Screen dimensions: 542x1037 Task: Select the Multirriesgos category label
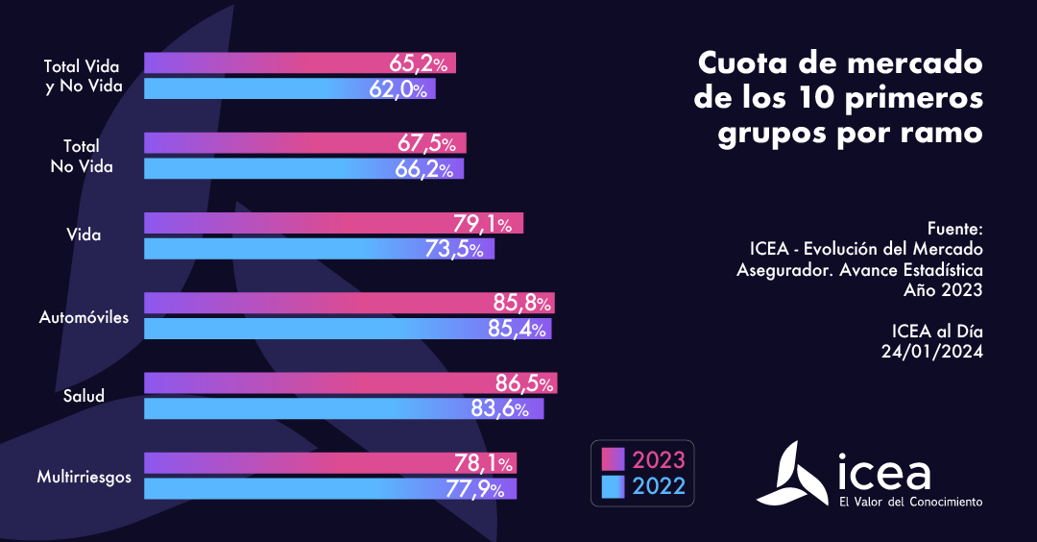coord(84,476)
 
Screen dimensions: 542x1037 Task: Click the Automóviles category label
coord(84,316)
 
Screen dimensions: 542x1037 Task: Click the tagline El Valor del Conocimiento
coord(910,502)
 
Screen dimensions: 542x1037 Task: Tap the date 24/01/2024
coord(932,352)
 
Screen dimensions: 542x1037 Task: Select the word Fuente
coord(954,230)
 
